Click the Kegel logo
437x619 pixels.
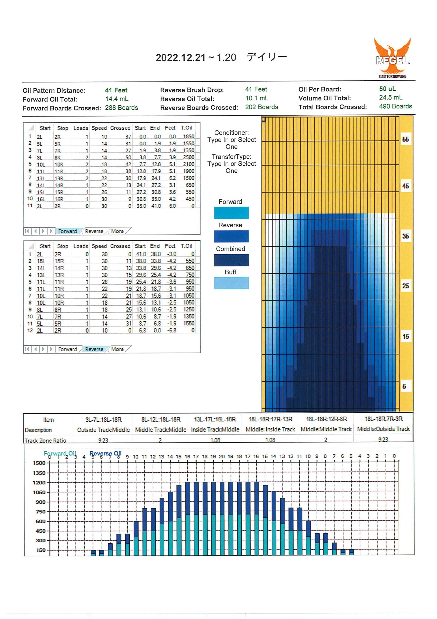point(392,58)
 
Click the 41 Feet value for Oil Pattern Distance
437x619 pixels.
point(116,90)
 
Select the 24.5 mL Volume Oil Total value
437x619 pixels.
point(391,98)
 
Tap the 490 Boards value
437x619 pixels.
point(395,106)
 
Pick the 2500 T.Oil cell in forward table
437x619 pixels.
point(189,157)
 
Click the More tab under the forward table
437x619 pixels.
point(117,231)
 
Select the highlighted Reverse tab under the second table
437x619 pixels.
point(94,349)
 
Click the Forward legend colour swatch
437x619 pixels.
point(231,213)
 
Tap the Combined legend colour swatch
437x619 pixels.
point(231,260)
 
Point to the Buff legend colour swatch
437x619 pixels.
point(231,283)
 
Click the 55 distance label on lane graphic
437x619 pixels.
point(406,139)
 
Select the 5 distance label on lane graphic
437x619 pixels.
point(404,386)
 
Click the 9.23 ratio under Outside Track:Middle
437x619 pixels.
point(103,440)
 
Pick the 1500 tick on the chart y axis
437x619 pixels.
point(39,463)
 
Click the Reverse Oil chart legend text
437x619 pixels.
point(106,453)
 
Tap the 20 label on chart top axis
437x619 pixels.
point(222,457)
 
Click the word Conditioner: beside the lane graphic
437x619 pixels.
point(232,133)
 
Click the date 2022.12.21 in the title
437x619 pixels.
point(181,57)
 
